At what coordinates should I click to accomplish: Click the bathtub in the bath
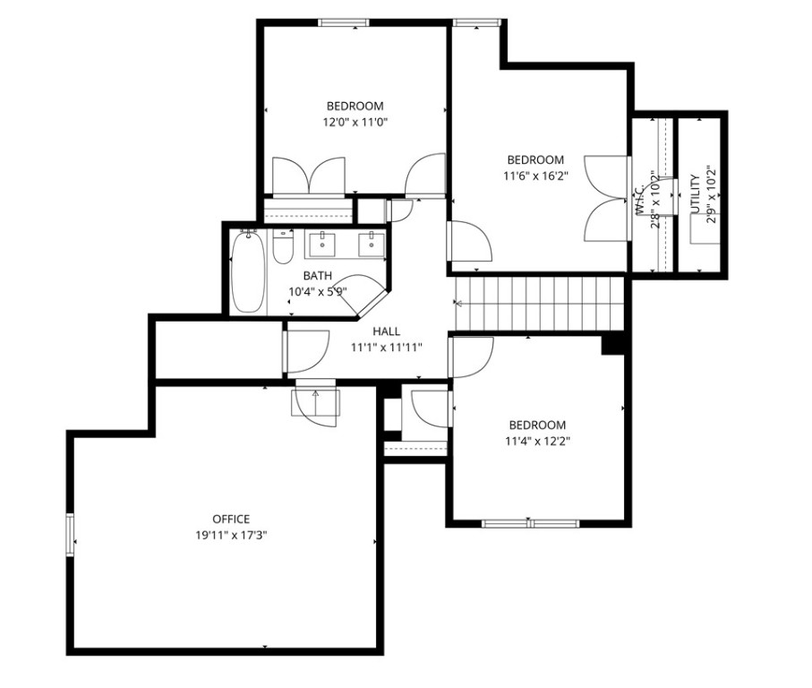[248, 272]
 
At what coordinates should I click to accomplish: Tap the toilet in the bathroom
[283, 247]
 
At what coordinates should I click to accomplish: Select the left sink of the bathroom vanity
[321, 243]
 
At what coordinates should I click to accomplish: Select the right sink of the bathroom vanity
[368, 243]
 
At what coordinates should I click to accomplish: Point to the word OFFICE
[231, 519]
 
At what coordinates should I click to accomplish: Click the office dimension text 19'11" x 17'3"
[231, 535]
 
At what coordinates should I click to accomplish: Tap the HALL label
[386, 331]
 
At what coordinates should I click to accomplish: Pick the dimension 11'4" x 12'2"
[537, 441]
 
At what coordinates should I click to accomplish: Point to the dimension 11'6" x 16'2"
[534, 176]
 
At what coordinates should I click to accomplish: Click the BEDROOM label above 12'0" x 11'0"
[355, 106]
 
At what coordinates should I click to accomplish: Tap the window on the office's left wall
[70, 535]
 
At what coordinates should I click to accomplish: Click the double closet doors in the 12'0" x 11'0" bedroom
[308, 176]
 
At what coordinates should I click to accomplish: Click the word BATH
[318, 276]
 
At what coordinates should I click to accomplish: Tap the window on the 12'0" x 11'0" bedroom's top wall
[344, 22]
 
